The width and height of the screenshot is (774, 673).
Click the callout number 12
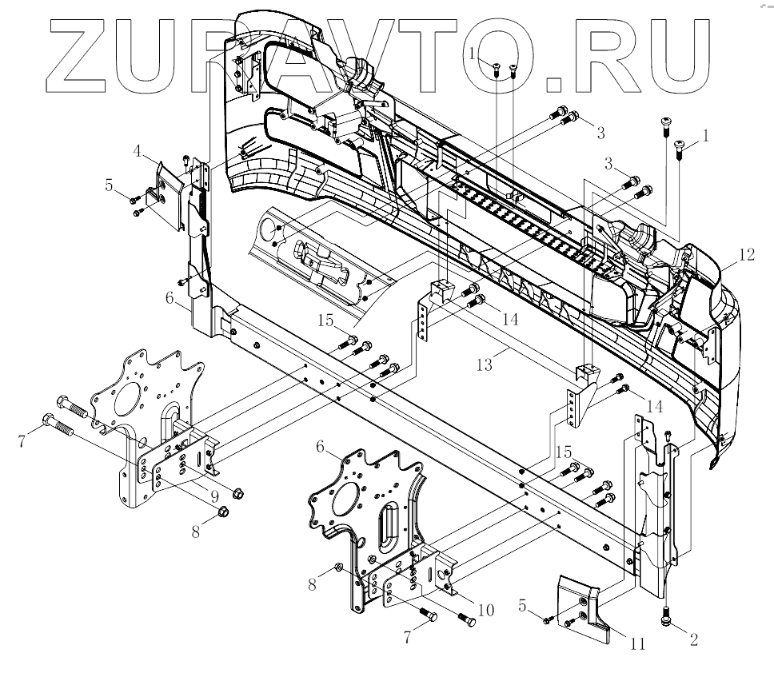click(x=746, y=256)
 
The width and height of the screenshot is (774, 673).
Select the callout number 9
click(x=215, y=495)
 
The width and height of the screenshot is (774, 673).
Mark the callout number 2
click(x=693, y=639)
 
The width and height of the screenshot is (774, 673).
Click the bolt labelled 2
click(x=667, y=616)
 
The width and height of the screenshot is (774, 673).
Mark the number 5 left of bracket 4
click(x=109, y=185)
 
